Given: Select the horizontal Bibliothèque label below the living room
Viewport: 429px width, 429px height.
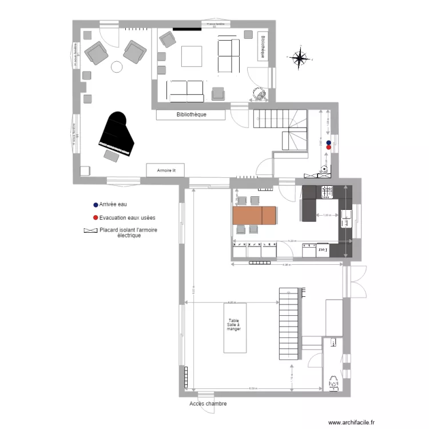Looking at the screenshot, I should [x=192, y=114].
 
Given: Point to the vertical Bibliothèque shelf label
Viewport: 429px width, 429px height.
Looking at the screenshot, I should [x=263, y=46].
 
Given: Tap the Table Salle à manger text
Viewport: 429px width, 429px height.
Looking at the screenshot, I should [x=234, y=325].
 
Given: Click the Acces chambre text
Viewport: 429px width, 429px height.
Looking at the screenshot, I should [x=208, y=404].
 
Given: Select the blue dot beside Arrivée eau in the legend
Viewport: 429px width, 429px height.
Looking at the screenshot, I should [x=95, y=204].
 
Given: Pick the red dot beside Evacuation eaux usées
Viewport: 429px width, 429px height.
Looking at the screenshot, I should [x=95, y=218].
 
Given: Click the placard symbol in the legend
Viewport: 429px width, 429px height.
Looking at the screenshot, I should [x=90, y=231].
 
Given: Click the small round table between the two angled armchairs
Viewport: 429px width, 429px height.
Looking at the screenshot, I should [x=117, y=67].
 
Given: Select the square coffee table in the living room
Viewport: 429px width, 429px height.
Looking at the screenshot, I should [x=192, y=56].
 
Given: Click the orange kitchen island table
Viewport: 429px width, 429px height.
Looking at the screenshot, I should [x=254, y=215].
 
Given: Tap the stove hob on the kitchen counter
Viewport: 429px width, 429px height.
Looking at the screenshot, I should [x=327, y=192].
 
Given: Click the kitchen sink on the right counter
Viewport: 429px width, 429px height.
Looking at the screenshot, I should [x=347, y=215].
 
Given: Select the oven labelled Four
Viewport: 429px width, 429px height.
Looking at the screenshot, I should [x=321, y=250].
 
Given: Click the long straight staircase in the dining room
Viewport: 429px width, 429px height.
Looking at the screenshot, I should [x=289, y=324].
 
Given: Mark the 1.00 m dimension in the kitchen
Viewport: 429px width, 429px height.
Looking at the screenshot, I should [x=327, y=215].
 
